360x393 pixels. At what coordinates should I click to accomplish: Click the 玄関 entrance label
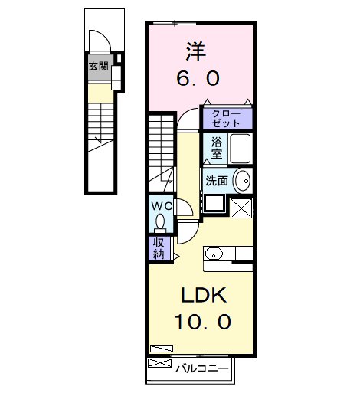pos(98,67)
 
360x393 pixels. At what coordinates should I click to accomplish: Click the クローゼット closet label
pos(227,117)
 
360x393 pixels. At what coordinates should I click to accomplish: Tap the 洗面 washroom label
pos(216,181)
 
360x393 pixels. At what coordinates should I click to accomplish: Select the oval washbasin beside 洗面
pos(241,181)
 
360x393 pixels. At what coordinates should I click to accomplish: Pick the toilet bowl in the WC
pos(159,221)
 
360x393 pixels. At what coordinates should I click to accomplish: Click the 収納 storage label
pos(159,248)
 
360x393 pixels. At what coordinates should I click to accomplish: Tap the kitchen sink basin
pos(214,254)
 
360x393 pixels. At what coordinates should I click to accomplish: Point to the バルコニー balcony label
pos(201,368)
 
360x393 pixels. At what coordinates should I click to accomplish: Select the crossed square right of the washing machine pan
pos(241,208)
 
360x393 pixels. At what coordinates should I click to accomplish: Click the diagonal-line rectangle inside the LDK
pos(162,347)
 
